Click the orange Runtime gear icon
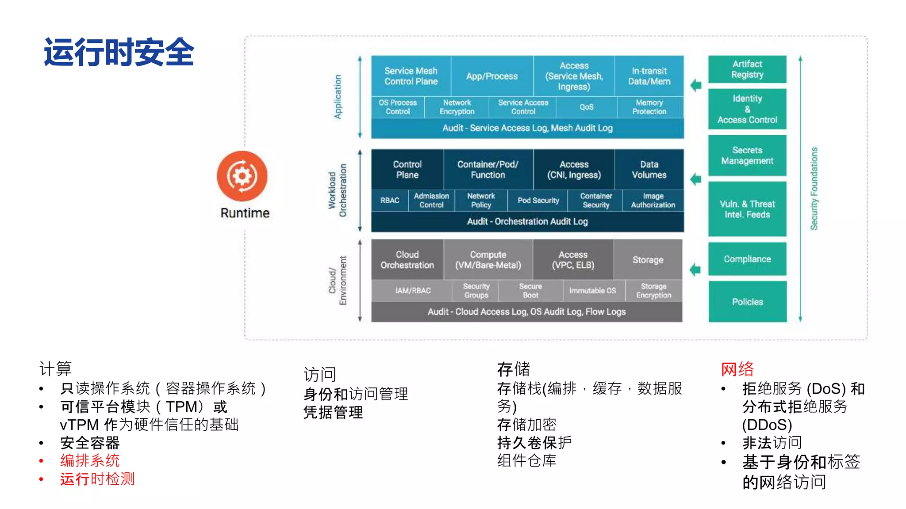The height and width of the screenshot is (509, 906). [242, 176]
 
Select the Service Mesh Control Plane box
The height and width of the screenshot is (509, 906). [411, 76]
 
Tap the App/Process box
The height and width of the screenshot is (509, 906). [491, 76]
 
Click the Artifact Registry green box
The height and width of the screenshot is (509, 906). [747, 69]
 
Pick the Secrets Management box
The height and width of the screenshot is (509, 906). [747, 156]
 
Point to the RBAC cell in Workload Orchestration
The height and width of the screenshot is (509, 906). [390, 201]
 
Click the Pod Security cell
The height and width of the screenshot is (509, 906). [538, 201]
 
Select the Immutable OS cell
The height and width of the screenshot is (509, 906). [592, 291]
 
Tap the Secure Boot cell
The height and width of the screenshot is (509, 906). [530, 291]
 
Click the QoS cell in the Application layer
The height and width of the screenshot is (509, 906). [587, 107]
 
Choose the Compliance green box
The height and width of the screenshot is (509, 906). [747, 259]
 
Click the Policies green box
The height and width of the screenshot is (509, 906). [747, 302]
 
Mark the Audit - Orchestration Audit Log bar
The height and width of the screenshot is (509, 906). [527, 221]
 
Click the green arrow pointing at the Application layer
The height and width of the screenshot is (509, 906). [696, 85]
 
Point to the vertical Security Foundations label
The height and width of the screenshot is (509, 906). [814, 189]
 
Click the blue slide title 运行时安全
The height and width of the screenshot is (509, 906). [119, 52]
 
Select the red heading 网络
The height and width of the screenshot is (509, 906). [737, 369]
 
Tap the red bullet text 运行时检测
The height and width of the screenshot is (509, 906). [97, 479]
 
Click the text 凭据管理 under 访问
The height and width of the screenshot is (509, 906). [333, 412]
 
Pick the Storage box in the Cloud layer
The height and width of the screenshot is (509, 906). [648, 260]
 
